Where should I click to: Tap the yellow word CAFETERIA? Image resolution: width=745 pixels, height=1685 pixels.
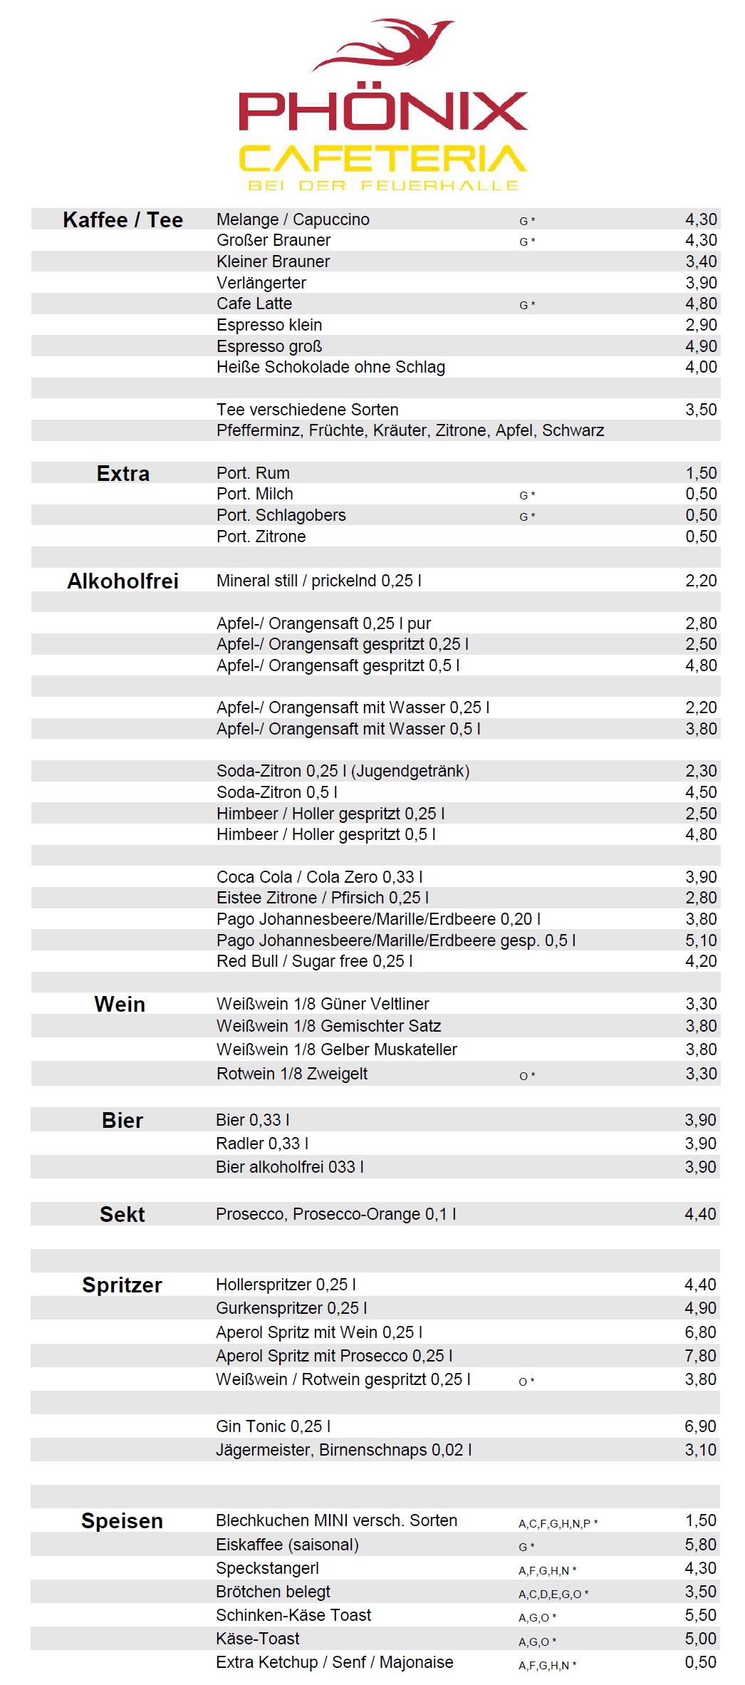tap(382, 159)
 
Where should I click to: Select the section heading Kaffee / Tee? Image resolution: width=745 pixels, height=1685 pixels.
tap(123, 219)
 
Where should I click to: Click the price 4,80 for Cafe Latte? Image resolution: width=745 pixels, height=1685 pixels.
tap(701, 304)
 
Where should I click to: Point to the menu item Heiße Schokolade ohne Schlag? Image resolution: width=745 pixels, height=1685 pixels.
tap(330, 367)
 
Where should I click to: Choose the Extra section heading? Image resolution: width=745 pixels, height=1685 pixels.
tap(123, 474)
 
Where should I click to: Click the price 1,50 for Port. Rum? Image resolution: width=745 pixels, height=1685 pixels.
tap(701, 473)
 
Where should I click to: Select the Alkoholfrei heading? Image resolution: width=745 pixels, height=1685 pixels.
tap(123, 581)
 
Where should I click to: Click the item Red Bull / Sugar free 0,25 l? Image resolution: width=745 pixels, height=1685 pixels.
tap(314, 961)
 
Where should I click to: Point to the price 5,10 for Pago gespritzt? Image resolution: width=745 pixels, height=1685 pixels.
tap(701, 940)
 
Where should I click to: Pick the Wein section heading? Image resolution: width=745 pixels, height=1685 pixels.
tap(120, 1005)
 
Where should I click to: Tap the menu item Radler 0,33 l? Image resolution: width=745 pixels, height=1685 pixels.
tap(262, 1144)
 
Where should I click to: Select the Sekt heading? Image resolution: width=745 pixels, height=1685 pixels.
tap(122, 1215)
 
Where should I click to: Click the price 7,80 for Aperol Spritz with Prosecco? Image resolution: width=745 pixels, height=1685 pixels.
tap(700, 1356)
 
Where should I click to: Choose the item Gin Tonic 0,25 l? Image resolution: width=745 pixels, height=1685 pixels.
tap(273, 1426)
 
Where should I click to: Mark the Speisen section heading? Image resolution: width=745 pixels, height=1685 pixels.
tap(122, 1521)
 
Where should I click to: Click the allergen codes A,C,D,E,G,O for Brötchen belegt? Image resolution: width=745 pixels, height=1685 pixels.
tap(553, 1595)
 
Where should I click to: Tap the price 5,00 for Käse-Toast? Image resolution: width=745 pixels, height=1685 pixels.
tap(700, 1639)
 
